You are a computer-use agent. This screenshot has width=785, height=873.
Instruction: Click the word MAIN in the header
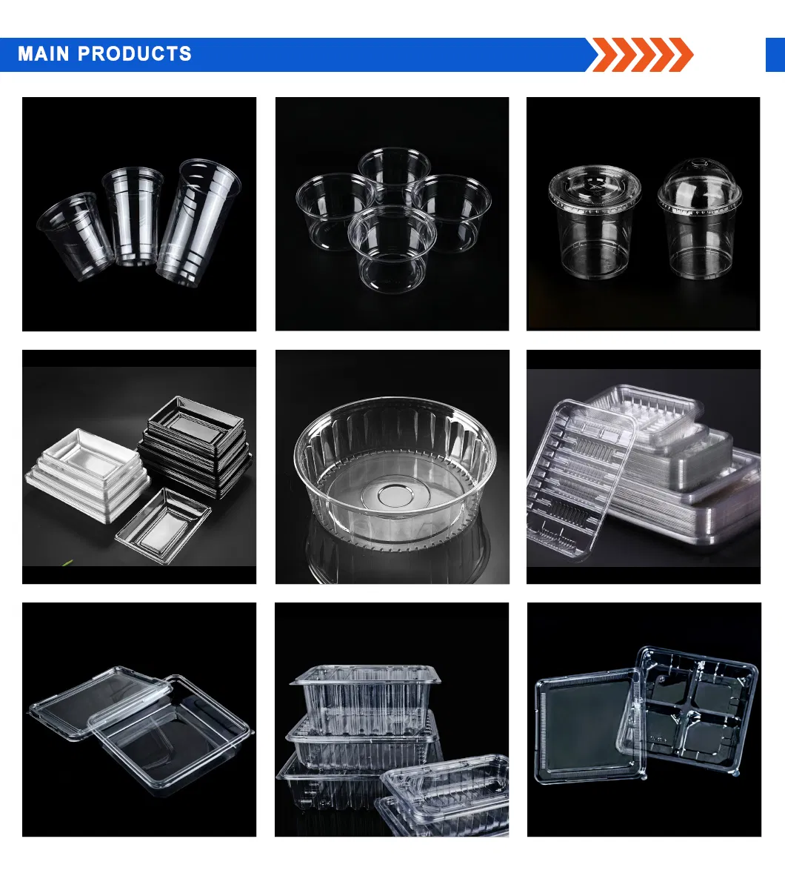[x=44, y=54]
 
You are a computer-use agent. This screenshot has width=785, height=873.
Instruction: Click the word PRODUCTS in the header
[x=135, y=54]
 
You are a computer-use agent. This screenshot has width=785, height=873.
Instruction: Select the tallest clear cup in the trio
[x=198, y=223]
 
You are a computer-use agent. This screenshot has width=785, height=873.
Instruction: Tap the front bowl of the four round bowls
[x=392, y=248]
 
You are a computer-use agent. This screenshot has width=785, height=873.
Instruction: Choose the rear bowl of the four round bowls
[x=394, y=170]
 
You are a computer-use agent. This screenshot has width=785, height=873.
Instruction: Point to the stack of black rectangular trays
[x=195, y=445]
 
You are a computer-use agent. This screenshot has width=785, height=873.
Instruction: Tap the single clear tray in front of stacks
[x=164, y=525]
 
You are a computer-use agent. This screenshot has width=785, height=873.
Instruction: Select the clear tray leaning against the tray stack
[x=581, y=479]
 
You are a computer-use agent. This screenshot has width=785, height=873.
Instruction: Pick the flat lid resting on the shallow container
[x=101, y=702]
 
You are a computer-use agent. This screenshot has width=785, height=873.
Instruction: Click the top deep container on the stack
[x=366, y=699]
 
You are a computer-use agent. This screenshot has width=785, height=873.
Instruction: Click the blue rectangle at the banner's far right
[x=775, y=55]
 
